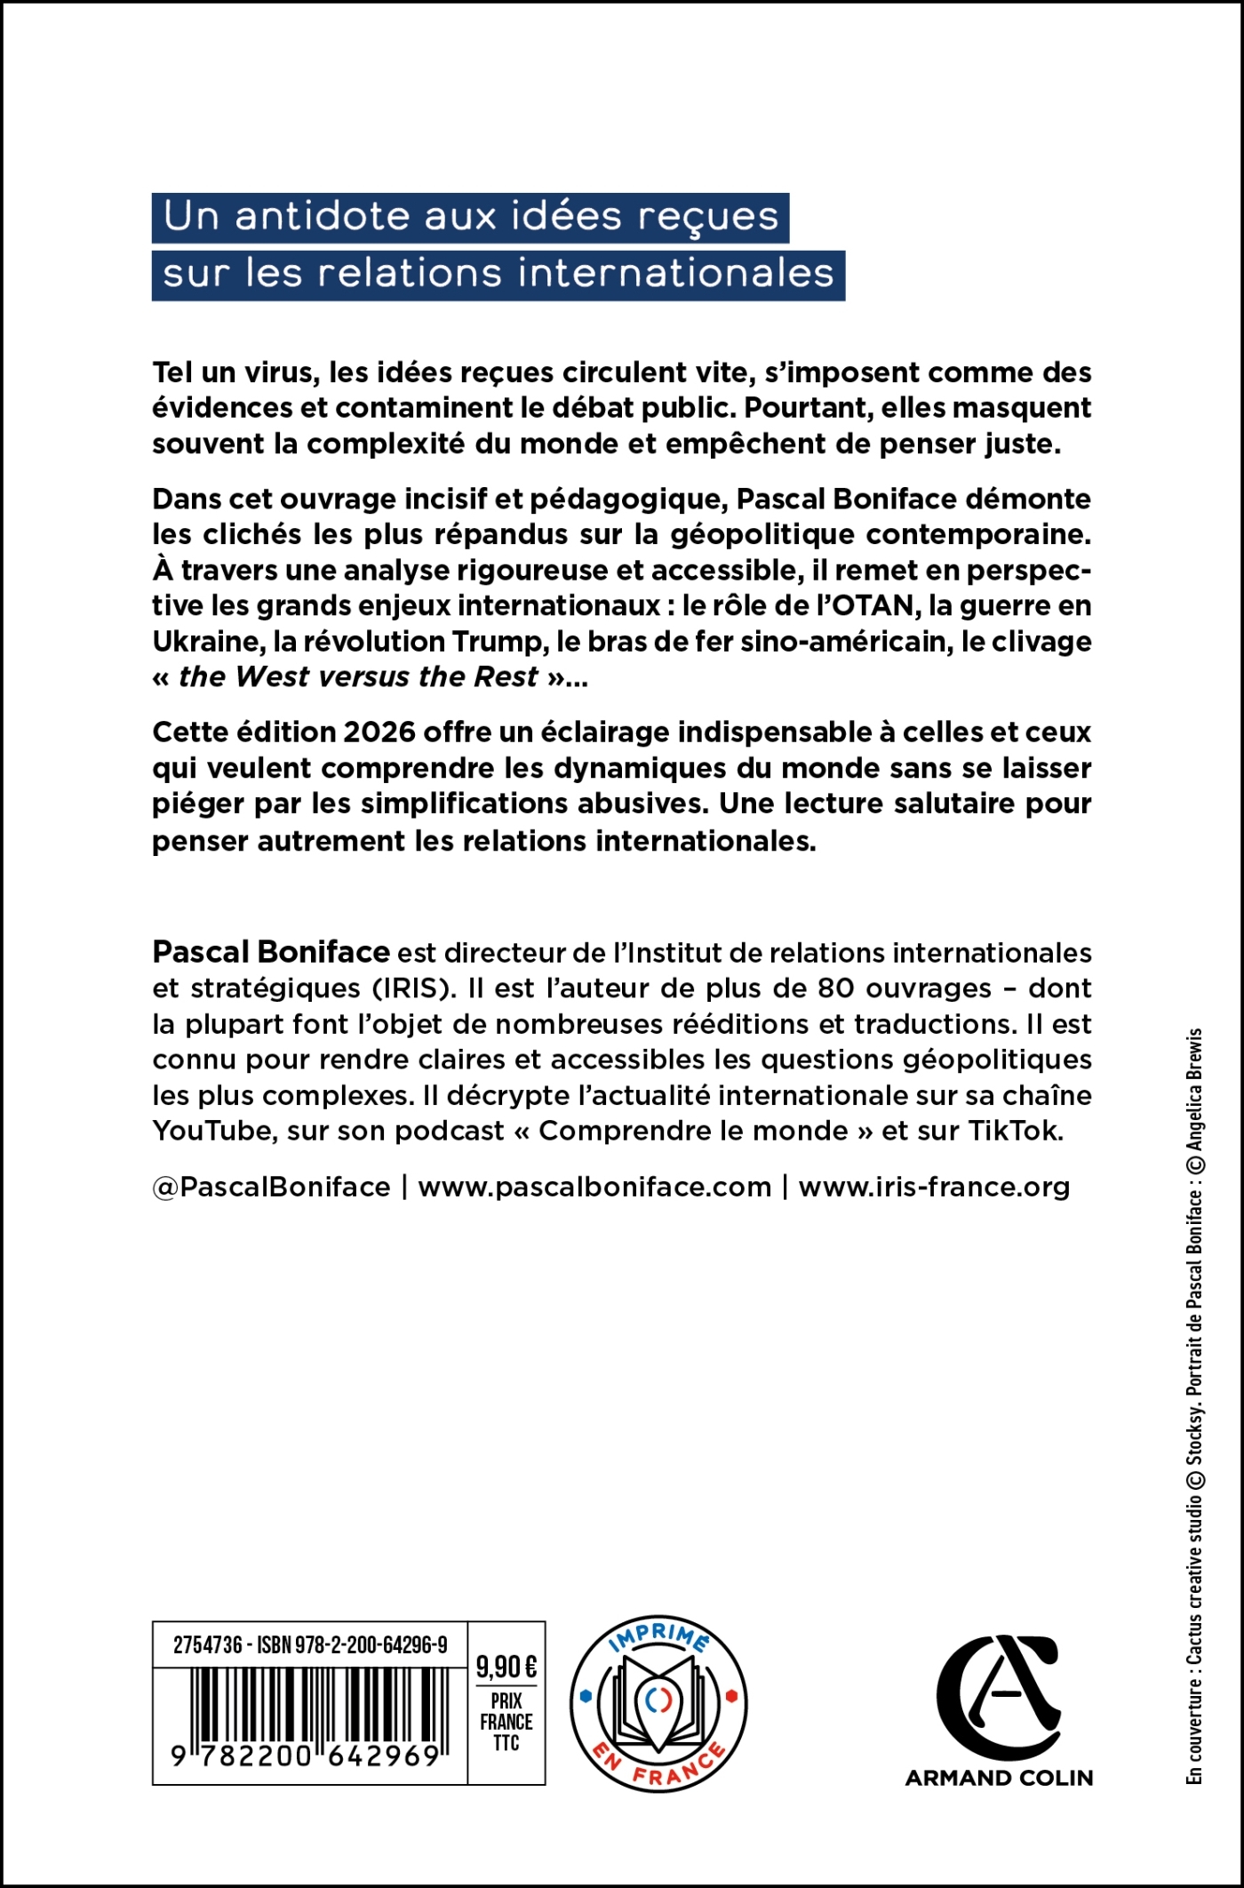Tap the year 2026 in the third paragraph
379,732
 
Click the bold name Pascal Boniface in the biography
271,952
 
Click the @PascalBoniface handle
272,1188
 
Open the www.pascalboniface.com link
594,1188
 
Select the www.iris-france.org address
934,1188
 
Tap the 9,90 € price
506,1666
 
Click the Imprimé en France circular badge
658,1704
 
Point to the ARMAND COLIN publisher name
999,1778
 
